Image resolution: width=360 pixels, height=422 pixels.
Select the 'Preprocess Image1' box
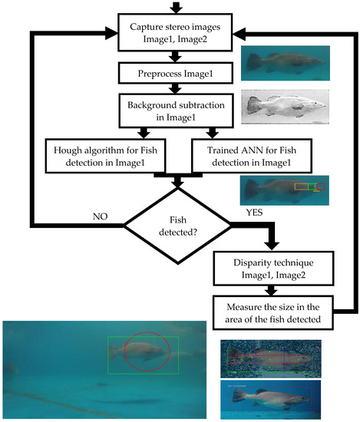[177, 74]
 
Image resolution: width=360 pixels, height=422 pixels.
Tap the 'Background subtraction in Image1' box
[177, 110]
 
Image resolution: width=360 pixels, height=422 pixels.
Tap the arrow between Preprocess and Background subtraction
[178, 88]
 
